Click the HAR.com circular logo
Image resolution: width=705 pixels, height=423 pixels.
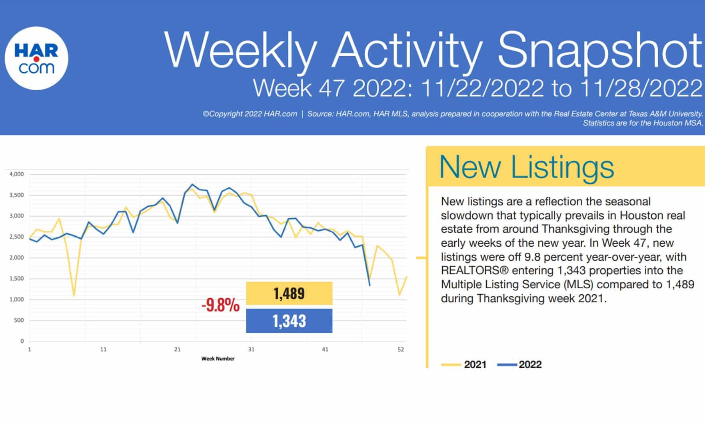point(36,58)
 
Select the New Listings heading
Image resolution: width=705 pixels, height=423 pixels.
point(526,167)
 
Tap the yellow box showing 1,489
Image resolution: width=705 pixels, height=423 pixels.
point(289,293)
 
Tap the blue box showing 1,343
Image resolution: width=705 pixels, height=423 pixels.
point(289,321)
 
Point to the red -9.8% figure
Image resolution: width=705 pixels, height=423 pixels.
point(220,306)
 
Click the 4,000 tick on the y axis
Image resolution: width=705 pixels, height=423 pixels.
point(17,174)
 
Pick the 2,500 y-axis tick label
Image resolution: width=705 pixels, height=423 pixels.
point(17,237)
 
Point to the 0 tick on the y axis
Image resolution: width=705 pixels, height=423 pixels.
point(22,341)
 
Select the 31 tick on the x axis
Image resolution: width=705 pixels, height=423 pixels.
point(251,349)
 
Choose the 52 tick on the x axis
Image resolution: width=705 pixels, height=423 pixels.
point(401,349)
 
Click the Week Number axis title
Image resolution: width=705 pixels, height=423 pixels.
point(218,359)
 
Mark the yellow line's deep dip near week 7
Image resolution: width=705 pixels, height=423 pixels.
point(74,295)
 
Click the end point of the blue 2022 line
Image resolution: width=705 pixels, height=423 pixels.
point(369,285)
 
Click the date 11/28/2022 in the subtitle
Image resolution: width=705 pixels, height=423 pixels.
point(641,88)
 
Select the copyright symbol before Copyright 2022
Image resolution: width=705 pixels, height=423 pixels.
point(206,114)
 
